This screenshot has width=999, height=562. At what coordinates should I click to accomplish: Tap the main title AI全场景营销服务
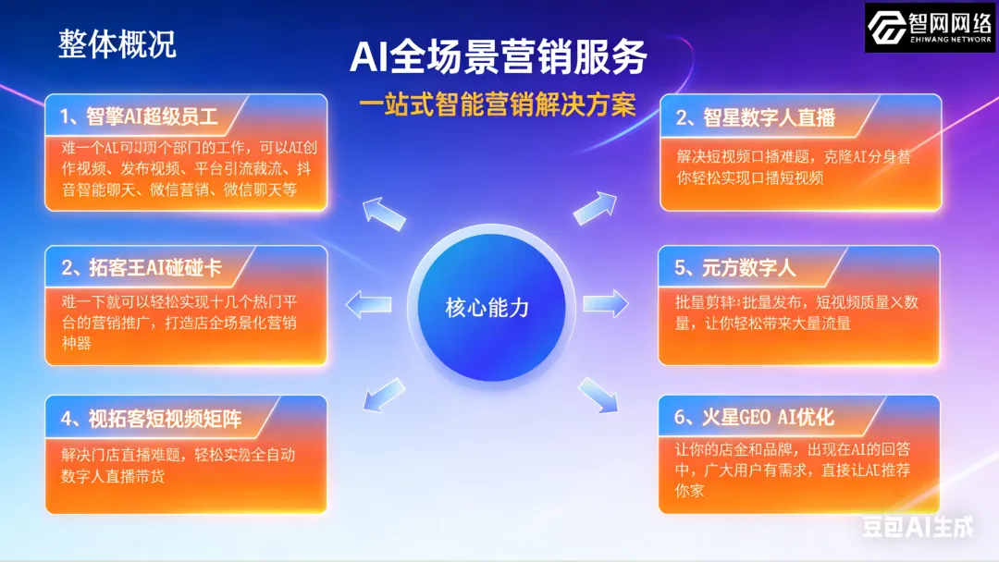(499, 57)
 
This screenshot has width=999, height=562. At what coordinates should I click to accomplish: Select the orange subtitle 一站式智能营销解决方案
(499, 104)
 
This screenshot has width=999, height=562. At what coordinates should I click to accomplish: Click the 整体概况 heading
(117, 44)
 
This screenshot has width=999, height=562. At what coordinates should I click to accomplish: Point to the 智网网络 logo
(930, 27)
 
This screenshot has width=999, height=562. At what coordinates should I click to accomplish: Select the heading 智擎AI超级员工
(139, 116)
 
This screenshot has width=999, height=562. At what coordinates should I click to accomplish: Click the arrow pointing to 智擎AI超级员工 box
(382, 213)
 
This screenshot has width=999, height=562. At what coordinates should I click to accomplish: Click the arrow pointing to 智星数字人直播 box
(595, 208)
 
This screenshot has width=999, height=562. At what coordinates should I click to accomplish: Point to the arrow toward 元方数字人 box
(606, 301)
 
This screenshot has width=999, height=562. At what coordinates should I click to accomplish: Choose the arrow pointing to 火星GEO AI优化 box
(597, 394)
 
